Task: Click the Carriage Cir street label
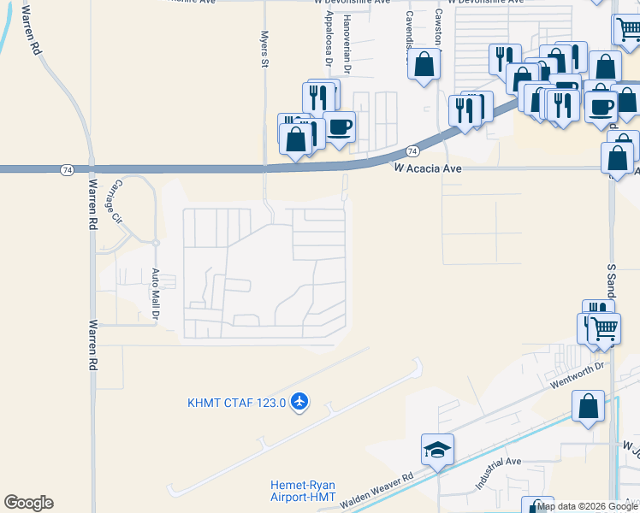115,201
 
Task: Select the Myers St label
264,50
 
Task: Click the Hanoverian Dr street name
347,42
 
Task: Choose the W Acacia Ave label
428,169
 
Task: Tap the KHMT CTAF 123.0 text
235,403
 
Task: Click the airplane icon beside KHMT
299,400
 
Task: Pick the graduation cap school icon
437,450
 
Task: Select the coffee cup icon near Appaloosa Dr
340,127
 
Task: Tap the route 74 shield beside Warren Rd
67,170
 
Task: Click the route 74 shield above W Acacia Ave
412,151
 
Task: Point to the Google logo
28,503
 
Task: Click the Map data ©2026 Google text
588,507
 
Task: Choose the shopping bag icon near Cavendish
424,64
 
